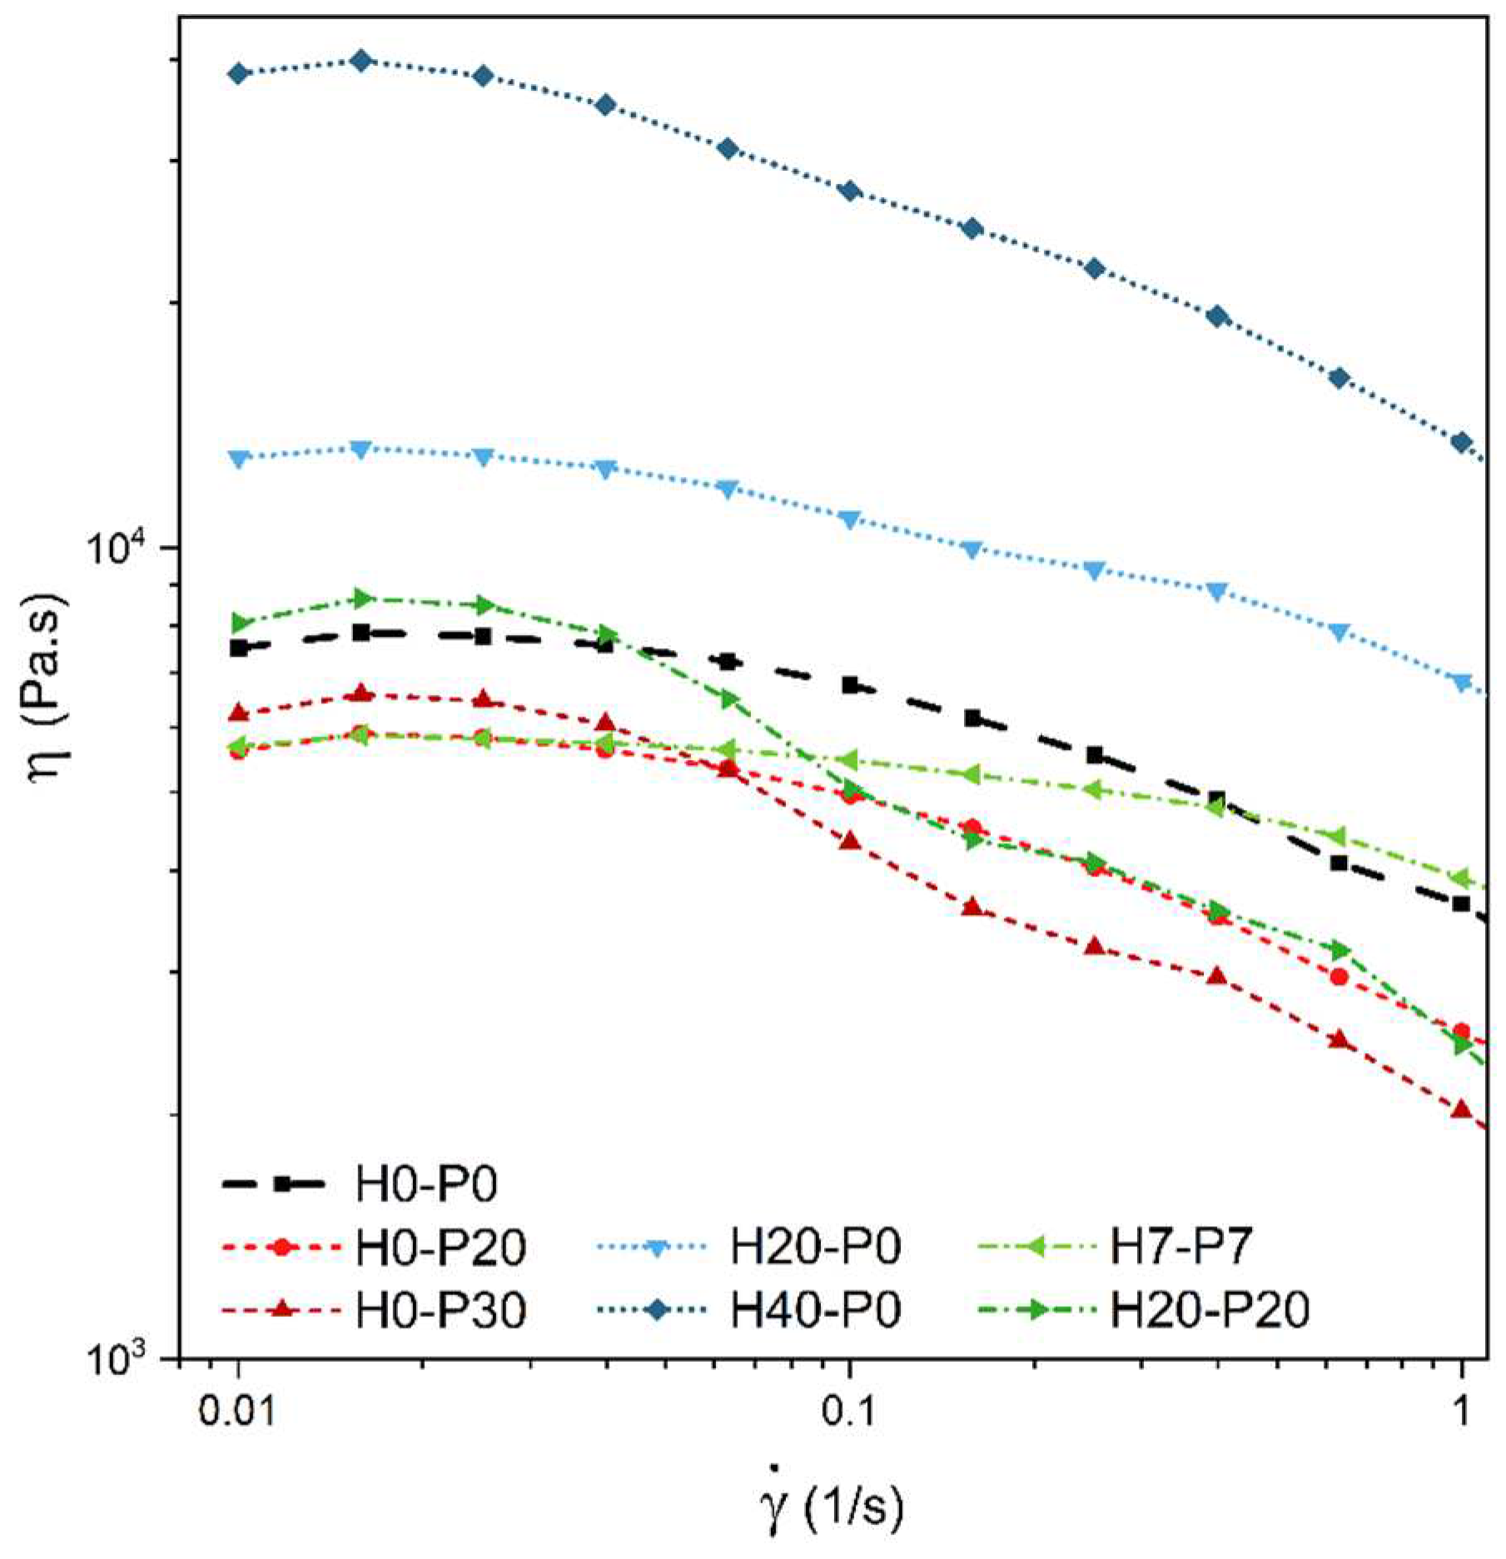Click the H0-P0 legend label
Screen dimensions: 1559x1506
pos(425,1183)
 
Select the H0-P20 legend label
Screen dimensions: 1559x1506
pos(441,1247)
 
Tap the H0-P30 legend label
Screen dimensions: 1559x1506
pos(441,1311)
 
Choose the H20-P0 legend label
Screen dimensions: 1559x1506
pos(815,1247)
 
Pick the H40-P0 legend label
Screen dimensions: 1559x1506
pos(815,1311)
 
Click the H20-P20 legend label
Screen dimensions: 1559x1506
pos(1210,1311)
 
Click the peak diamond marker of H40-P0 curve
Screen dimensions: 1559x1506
pos(361,60)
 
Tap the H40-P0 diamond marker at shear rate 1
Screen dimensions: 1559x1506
pos(1461,442)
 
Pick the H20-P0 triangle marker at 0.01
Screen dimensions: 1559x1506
pos(239,459)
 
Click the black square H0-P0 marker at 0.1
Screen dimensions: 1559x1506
pos(850,685)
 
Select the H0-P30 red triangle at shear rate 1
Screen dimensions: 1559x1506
pos(1461,1110)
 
